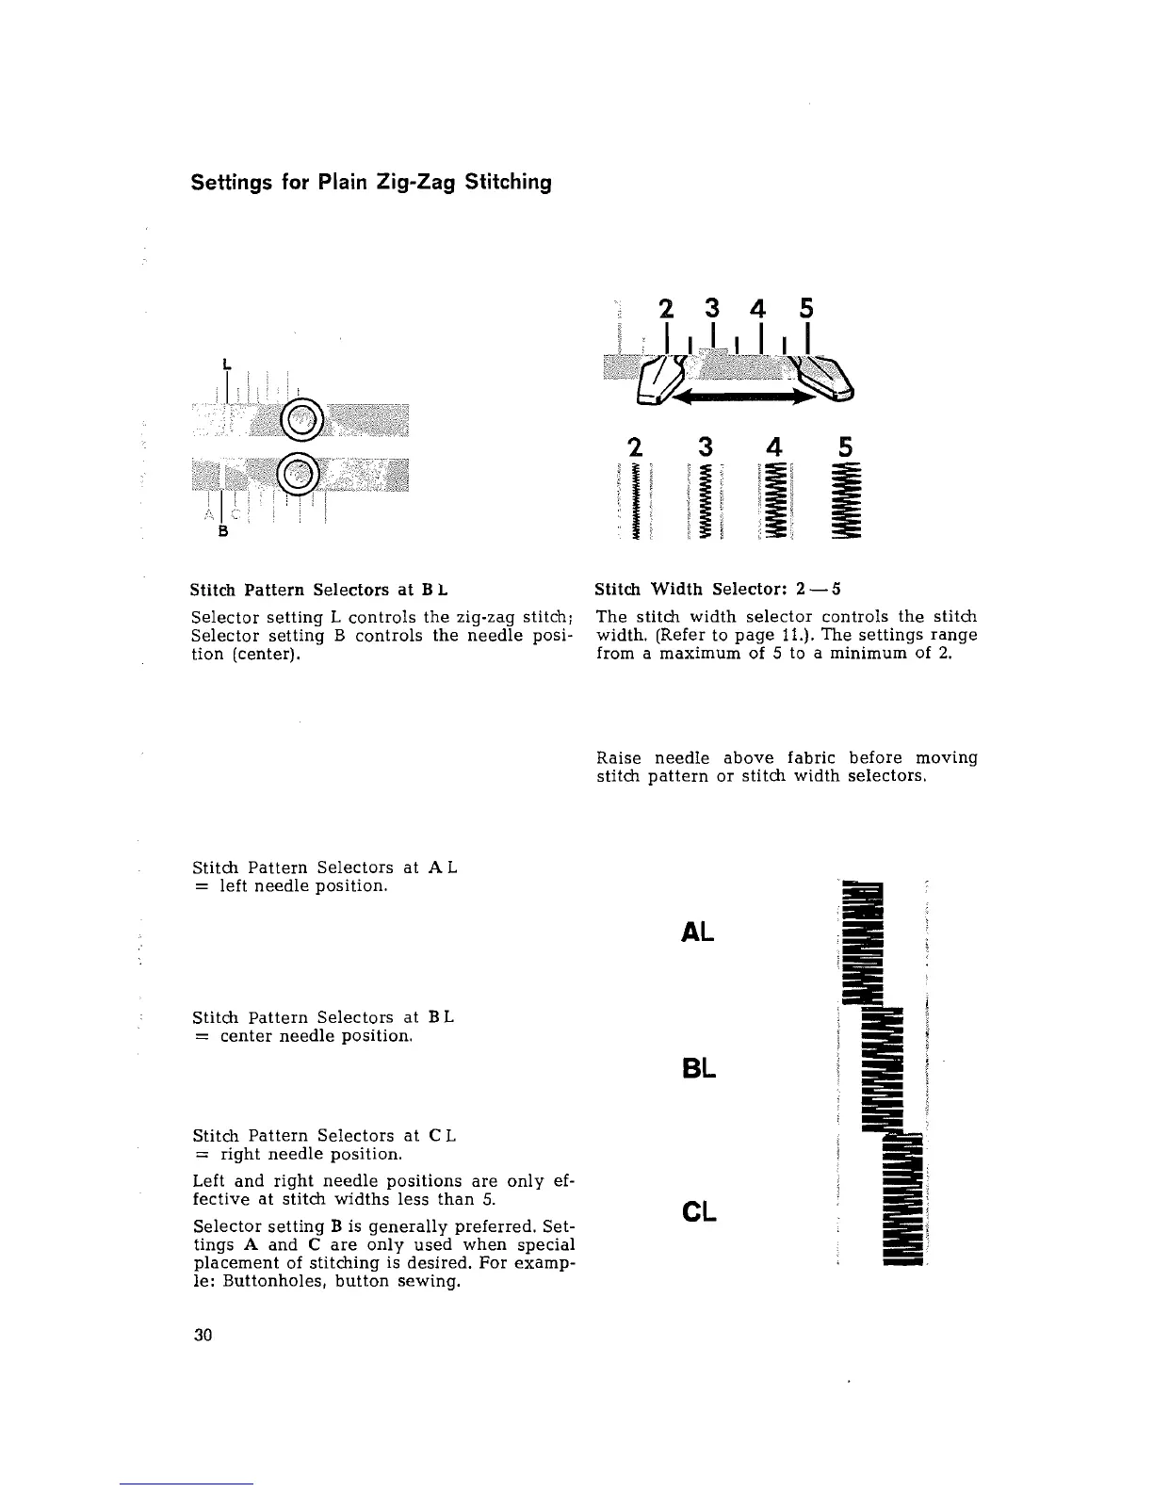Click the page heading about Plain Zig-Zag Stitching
tap(370, 182)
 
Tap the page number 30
tap(203, 1335)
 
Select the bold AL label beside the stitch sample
tap(696, 932)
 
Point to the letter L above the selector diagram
tap(226, 363)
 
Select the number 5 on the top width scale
tap(805, 308)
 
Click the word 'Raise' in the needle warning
tap(621, 758)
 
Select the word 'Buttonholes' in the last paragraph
tap(256, 1282)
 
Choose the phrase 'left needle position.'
tap(303, 886)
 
